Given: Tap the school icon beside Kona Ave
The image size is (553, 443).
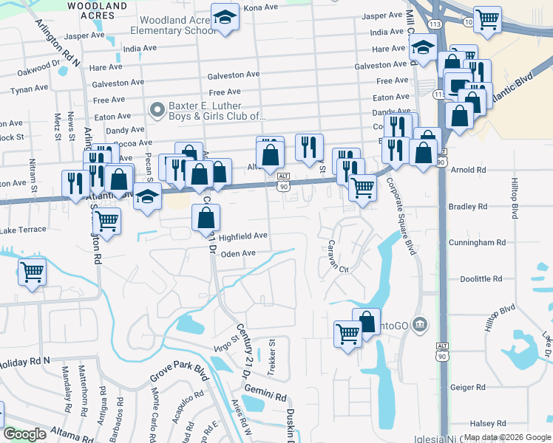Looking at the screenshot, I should (224, 18).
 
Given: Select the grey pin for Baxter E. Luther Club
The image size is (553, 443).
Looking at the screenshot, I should (156, 111).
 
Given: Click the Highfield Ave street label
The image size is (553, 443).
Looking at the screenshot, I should (243, 236).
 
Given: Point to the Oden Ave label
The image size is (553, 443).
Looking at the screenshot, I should (238, 253).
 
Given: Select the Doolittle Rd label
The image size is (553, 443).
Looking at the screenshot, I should (481, 279).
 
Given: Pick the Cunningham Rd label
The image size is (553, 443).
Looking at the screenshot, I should (481, 242).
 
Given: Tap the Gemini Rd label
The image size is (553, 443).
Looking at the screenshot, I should (267, 396).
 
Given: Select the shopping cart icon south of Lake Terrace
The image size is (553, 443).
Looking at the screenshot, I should (33, 272).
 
